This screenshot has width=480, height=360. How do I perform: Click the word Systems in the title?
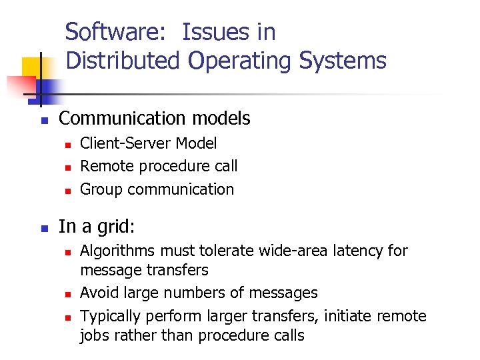tap(343, 61)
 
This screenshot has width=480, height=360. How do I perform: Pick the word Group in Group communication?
tap(101, 189)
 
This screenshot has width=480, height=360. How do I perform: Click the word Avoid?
tap(97, 293)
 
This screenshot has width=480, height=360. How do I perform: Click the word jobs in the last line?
tap(95, 335)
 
